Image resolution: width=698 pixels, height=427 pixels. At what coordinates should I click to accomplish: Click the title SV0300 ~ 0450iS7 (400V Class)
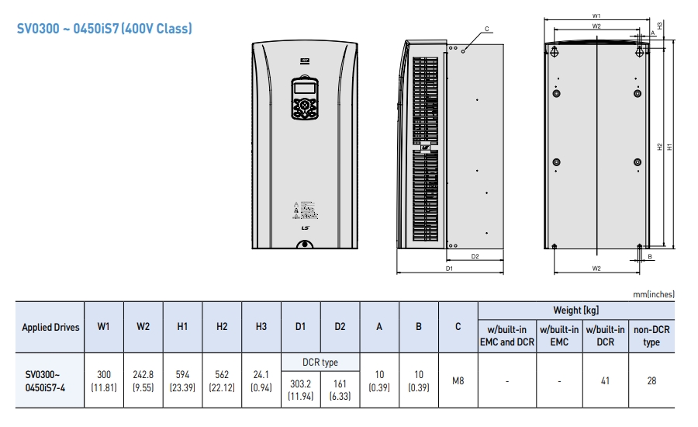[x=105, y=29]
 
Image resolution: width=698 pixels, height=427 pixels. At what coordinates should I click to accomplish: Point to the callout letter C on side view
[x=486, y=29]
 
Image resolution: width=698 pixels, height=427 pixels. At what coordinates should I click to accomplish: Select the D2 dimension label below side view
[x=475, y=255]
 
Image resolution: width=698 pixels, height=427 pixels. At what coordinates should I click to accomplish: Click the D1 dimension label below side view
[x=449, y=268]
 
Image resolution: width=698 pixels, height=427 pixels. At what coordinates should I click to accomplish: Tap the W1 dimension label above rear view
[x=596, y=15]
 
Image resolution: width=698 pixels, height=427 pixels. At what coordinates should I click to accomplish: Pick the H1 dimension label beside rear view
[x=669, y=146]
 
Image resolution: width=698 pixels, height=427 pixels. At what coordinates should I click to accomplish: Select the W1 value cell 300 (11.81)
[x=104, y=381]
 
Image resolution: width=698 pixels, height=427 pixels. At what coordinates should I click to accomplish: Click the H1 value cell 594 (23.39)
[x=182, y=381]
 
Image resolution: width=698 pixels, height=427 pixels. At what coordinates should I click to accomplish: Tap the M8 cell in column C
[x=458, y=381]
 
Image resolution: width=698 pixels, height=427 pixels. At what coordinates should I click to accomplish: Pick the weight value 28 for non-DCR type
[x=651, y=381]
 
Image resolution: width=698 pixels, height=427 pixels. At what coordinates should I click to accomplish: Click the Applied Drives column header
[x=50, y=327]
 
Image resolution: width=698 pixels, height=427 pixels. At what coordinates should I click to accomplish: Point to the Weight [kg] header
[x=575, y=310]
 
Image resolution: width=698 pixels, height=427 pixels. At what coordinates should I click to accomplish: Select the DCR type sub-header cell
[x=320, y=363]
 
